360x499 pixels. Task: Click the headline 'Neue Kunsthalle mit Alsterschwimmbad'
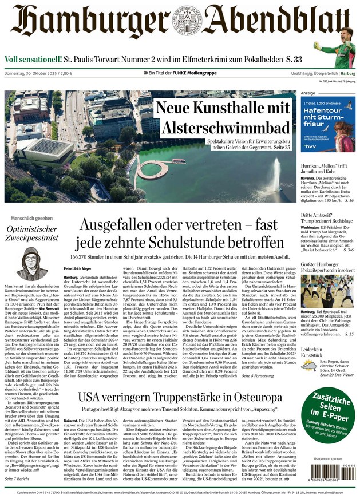pos(223,117)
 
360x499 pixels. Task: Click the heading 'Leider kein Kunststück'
pos(316,353)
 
